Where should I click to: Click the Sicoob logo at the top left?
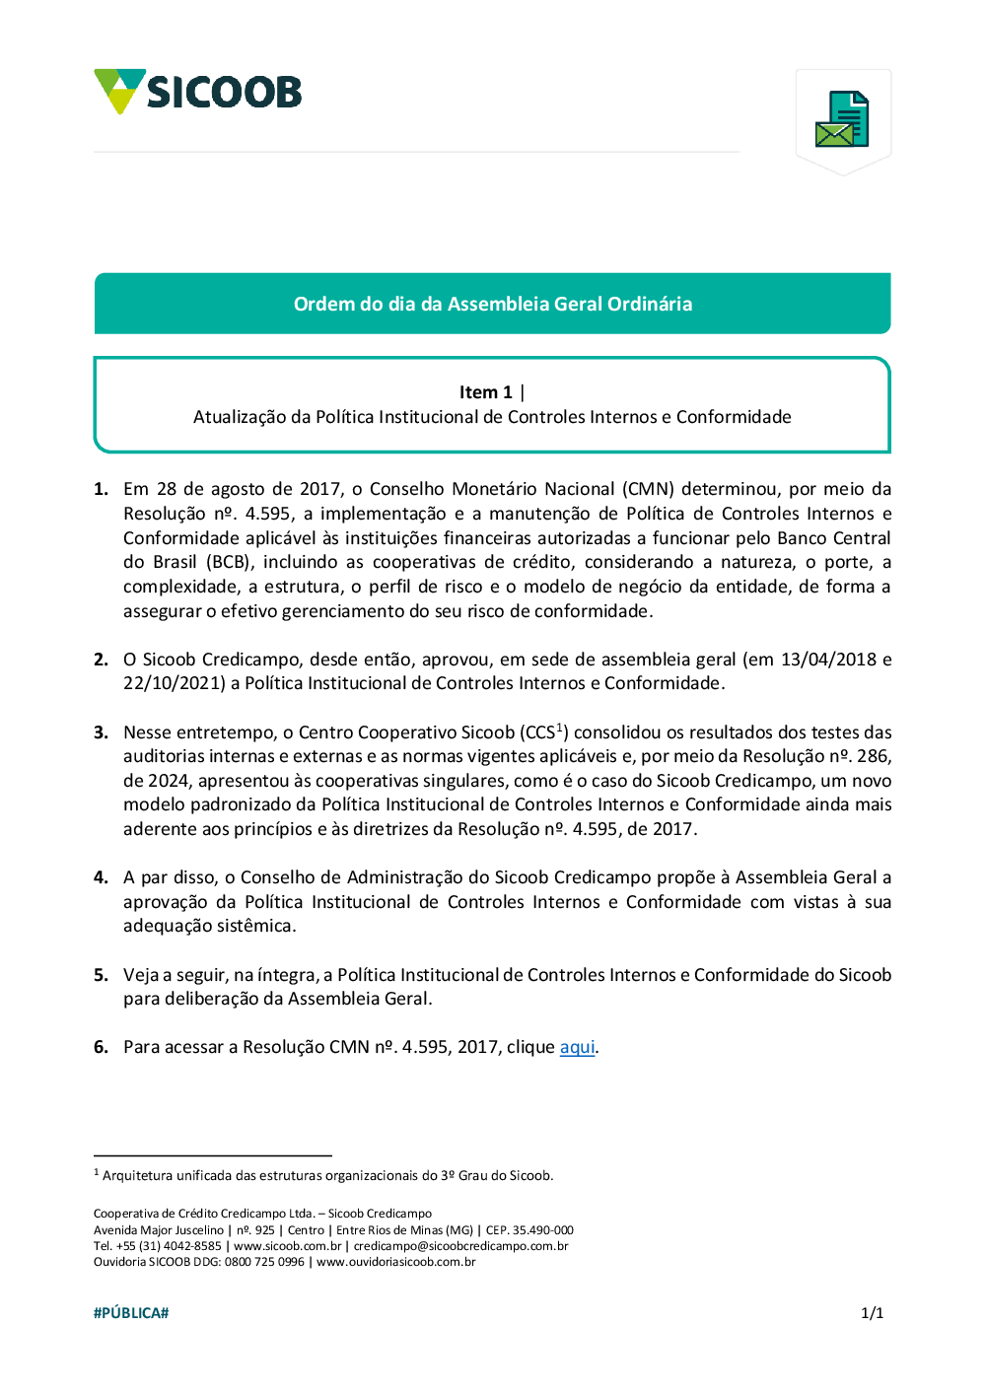pos(197,92)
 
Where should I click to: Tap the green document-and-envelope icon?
pos(843,119)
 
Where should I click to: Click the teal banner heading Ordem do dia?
pos(492,304)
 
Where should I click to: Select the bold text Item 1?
pos(485,392)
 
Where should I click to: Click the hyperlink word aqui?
pos(577,1047)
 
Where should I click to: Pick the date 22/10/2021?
pos(174,683)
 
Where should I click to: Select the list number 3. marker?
pos(101,732)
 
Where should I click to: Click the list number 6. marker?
pos(101,1047)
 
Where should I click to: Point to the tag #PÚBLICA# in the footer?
pos(131,1313)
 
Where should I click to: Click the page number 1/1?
pos(872,1313)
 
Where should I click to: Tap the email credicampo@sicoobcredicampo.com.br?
pos(460,1246)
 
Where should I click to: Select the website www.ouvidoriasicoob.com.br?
pos(395,1262)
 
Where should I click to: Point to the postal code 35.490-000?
pos(542,1230)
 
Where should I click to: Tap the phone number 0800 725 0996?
pos(264,1262)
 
